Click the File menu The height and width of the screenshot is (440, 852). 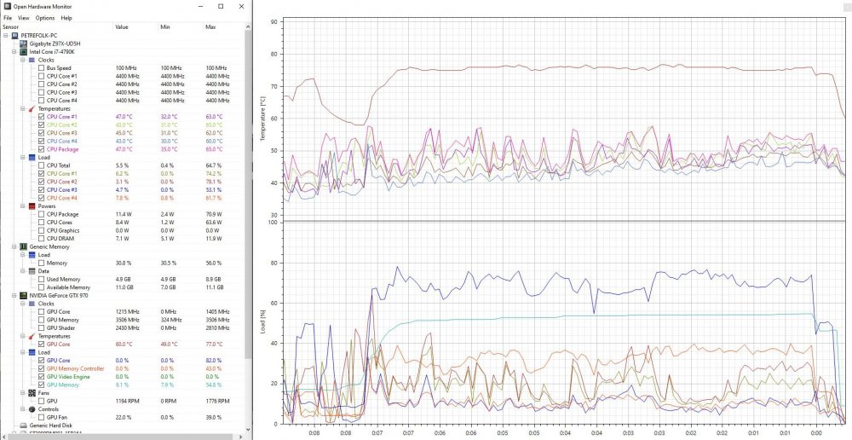pos(7,17)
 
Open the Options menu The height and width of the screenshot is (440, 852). pos(45,17)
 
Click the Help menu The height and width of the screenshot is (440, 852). pos(66,17)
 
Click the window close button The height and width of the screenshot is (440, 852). pos(241,6)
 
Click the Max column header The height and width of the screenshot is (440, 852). pos(210,26)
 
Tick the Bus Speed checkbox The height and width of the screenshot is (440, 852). pos(41,68)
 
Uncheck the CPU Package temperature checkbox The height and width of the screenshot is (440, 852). pos(41,149)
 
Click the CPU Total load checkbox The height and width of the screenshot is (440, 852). pos(41,165)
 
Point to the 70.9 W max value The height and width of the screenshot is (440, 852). pos(215,214)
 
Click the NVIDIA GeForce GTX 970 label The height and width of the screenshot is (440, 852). pos(59,295)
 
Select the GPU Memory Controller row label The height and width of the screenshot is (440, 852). pos(75,368)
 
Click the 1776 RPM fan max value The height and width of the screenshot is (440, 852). pos(216,400)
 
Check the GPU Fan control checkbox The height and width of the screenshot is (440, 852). pos(41,417)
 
